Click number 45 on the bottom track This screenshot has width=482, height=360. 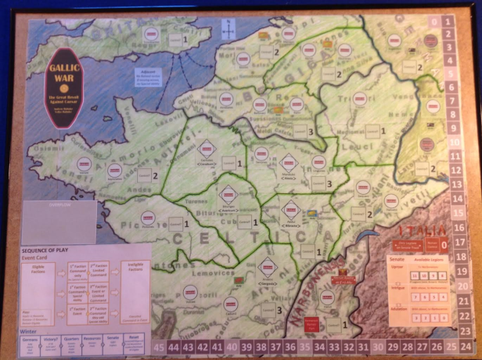point(160,344)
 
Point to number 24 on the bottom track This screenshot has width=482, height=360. point(466,344)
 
